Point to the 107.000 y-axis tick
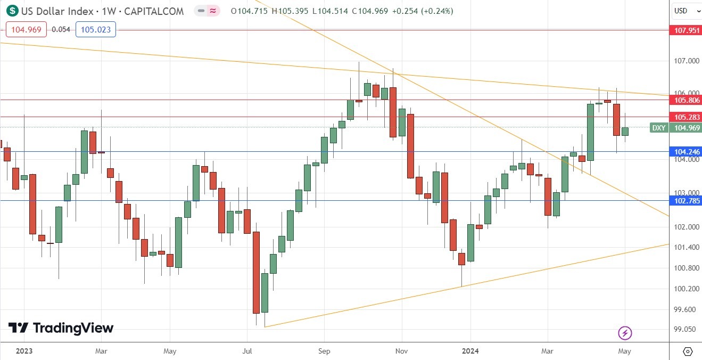pyautogui.click(x=685, y=61)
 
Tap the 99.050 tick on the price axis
pyautogui.click(x=685, y=330)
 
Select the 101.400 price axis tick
pyautogui.click(x=685, y=248)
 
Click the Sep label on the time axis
pyautogui.click(x=324, y=351)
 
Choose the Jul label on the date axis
pyautogui.click(x=246, y=351)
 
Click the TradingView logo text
pyautogui.click(x=61, y=328)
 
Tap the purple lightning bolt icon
pyautogui.click(x=625, y=333)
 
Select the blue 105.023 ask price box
pyautogui.click(x=96, y=30)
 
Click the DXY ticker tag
pyautogui.click(x=659, y=128)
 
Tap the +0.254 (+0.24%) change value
pyautogui.click(x=422, y=11)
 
